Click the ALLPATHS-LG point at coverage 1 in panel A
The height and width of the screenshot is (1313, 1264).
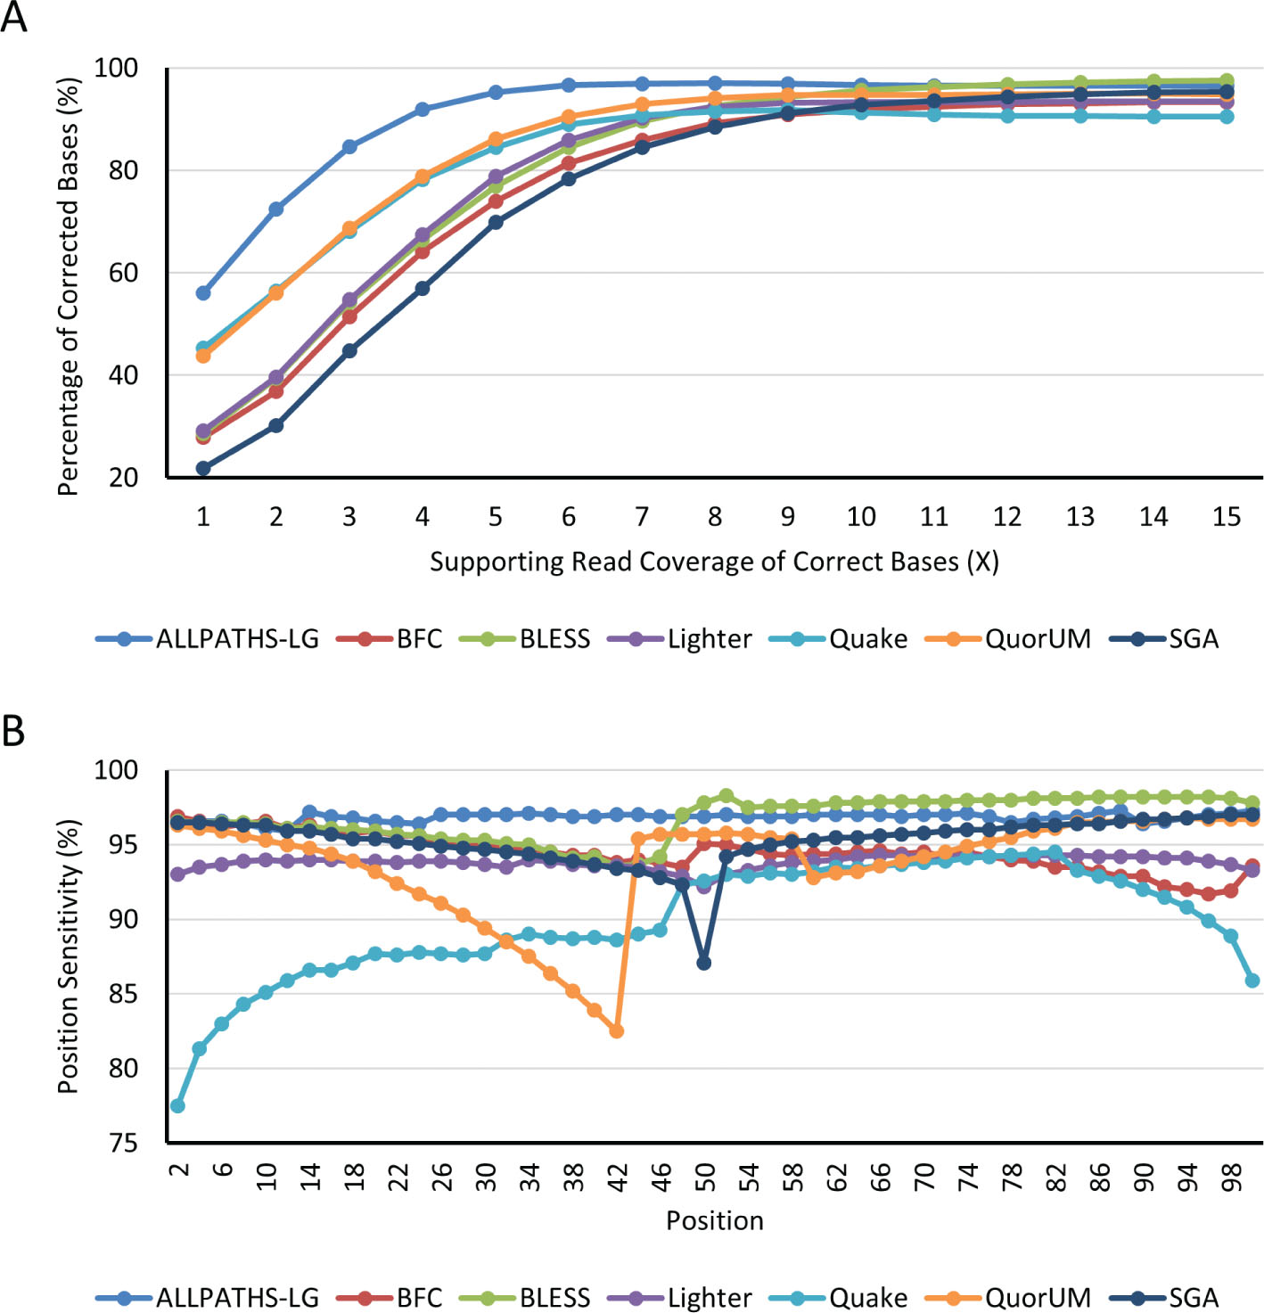pyautogui.click(x=203, y=292)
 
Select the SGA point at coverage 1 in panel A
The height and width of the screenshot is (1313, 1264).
pyautogui.click(x=203, y=468)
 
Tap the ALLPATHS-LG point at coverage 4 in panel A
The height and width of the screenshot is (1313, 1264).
pyautogui.click(x=423, y=110)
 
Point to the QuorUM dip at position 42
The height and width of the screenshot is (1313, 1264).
pyautogui.click(x=617, y=1030)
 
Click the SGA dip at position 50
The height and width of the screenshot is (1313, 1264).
pyautogui.click(x=704, y=963)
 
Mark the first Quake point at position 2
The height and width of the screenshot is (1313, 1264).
pyautogui.click(x=177, y=1105)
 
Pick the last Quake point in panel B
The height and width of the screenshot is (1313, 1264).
pyautogui.click(x=1252, y=980)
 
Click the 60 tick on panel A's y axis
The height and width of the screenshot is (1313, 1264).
pyautogui.click(x=123, y=273)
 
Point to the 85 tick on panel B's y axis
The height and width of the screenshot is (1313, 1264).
pyautogui.click(x=123, y=994)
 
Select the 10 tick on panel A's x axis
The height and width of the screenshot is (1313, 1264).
pyautogui.click(x=861, y=516)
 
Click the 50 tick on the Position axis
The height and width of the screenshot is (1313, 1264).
pyautogui.click(x=705, y=1177)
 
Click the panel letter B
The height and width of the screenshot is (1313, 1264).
pyautogui.click(x=13, y=731)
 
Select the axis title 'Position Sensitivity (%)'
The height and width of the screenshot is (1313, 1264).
pyautogui.click(x=69, y=956)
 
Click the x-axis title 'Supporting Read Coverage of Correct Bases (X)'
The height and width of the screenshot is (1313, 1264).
pyautogui.click(x=714, y=562)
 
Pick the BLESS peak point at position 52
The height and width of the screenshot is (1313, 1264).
pyautogui.click(x=726, y=796)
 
